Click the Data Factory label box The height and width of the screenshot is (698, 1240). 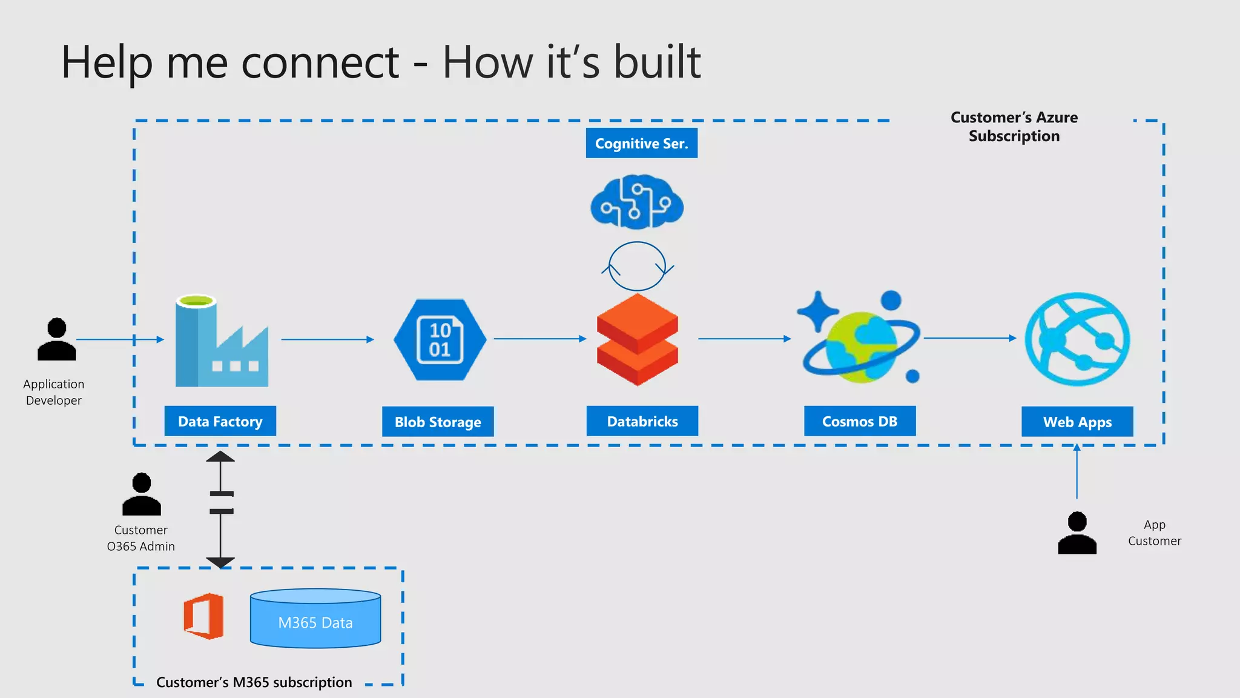coord(220,421)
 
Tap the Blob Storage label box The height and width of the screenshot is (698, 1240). coord(438,422)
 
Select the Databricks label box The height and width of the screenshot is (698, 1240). coord(642,421)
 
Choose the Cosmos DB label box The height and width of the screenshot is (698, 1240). coord(859,421)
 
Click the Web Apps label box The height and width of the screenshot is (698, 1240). coord(1077,422)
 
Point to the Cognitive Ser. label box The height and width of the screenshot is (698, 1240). coord(641,143)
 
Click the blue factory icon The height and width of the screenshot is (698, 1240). coord(221,342)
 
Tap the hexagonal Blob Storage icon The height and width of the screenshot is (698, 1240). coord(440,339)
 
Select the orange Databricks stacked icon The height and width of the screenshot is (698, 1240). coord(637,340)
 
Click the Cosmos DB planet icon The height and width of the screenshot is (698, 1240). coord(860,339)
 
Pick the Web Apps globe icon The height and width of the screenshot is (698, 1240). coord(1077,339)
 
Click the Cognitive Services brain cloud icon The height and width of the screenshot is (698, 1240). coord(637,202)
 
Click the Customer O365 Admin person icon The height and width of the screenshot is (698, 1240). coord(142,494)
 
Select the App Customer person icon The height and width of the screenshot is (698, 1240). coord(1077,533)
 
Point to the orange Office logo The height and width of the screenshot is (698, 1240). coord(204,616)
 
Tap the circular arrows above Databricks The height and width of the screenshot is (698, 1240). coord(637,267)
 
